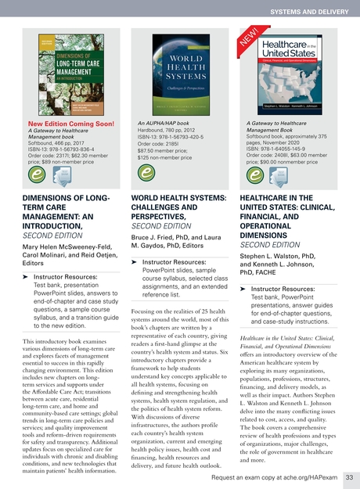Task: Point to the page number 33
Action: pos(349,476)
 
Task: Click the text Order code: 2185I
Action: pos(157,143)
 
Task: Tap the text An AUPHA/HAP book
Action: pos(161,123)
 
